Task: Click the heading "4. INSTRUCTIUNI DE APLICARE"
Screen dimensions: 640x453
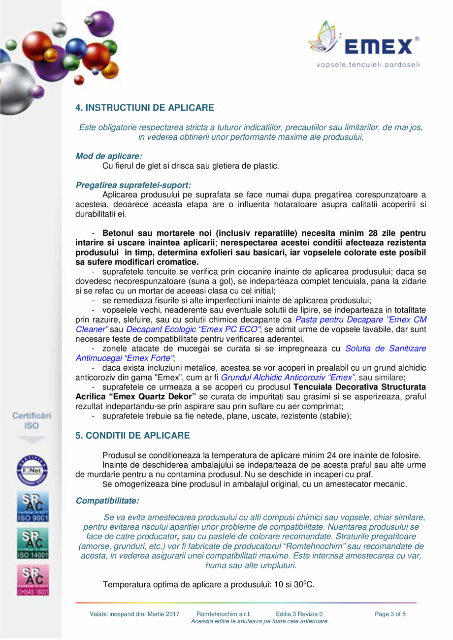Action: coord(144,107)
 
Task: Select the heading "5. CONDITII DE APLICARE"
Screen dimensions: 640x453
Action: coord(132,436)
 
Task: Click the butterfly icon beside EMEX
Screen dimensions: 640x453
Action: coord(325,38)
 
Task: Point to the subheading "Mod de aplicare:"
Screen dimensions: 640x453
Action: coord(109,156)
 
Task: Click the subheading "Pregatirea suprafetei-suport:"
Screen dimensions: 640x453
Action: coord(133,186)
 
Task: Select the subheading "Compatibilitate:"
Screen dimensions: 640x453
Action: coord(107,501)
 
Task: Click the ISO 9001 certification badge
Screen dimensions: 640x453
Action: coord(32,508)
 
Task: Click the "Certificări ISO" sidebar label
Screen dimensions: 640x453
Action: coord(32,420)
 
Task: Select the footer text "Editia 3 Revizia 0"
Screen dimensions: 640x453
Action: coord(299,614)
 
